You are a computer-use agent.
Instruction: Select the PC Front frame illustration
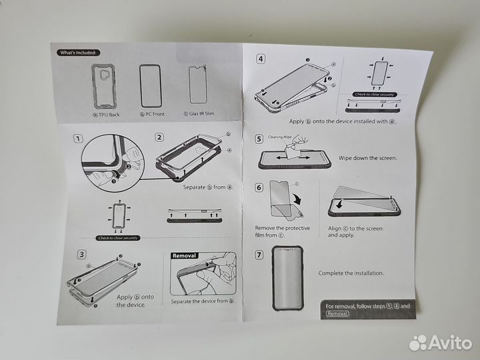(x=151, y=86)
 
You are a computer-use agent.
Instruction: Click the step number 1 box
(x=78, y=139)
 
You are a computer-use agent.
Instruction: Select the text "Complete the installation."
(x=352, y=273)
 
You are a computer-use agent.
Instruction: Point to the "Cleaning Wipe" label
(x=281, y=136)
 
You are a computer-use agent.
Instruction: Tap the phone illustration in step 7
(x=285, y=277)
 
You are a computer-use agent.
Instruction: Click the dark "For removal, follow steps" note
(x=368, y=309)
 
